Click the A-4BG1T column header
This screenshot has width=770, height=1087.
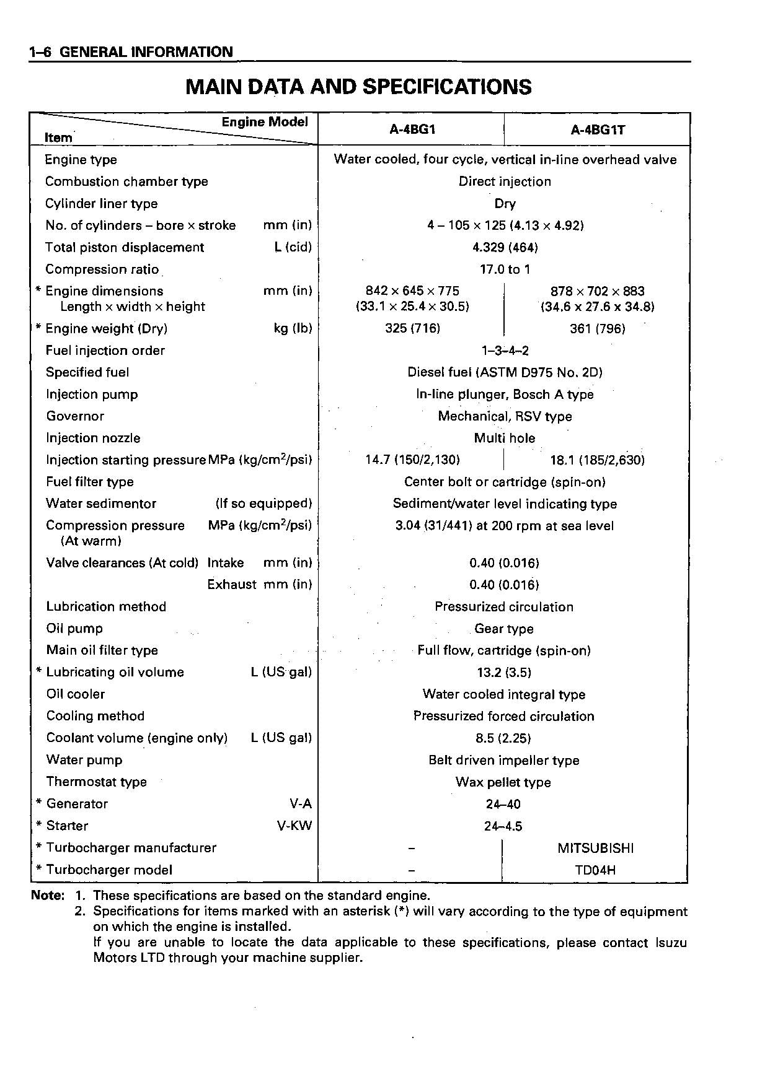tap(598, 130)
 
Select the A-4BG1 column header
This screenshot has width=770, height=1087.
tap(412, 130)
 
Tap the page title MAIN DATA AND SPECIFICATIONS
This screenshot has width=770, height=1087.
tap(358, 87)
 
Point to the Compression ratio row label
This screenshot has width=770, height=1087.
tap(102, 269)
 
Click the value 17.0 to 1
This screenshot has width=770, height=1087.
tap(505, 269)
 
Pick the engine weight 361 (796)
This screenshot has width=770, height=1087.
tap(597, 329)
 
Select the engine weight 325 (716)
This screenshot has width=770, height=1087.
tap(412, 329)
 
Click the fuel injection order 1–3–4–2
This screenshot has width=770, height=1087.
tap(505, 351)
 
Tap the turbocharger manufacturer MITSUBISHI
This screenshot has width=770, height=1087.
tap(595, 848)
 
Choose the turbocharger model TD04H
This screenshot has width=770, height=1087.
tap(595, 870)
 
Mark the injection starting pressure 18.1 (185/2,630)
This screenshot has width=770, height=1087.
tap(597, 460)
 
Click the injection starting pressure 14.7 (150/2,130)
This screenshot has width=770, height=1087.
tap(412, 460)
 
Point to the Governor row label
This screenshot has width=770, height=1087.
tap(75, 416)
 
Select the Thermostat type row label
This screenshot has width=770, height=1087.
tap(97, 782)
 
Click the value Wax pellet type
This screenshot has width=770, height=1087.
tap(503, 782)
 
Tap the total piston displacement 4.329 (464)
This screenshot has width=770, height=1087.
tap(505, 248)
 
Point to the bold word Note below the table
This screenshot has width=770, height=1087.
tap(47, 896)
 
